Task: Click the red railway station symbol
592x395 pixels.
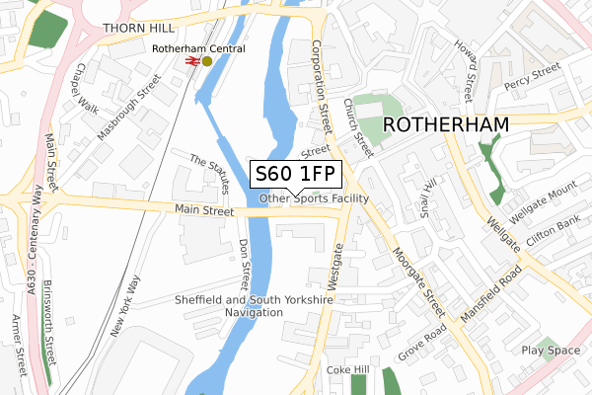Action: pyautogui.click(x=192, y=61)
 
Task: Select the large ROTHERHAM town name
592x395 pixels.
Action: pyautogui.click(x=445, y=125)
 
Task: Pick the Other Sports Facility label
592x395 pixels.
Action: pyautogui.click(x=314, y=198)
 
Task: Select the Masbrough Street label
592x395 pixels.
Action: pyautogui.click(x=128, y=106)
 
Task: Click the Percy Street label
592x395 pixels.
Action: pyautogui.click(x=532, y=74)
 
